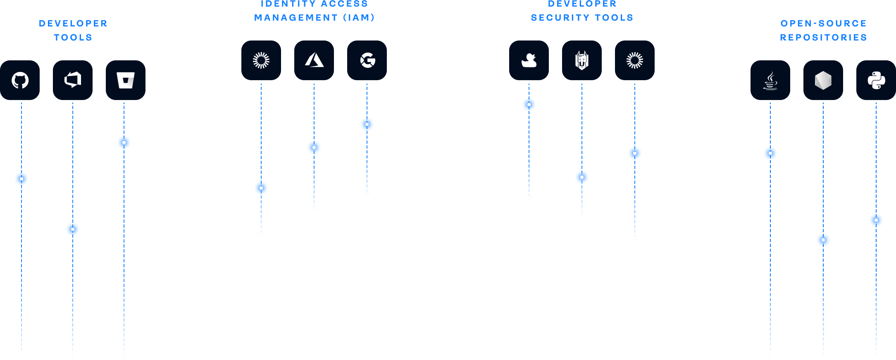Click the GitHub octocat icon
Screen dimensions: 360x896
tap(20, 80)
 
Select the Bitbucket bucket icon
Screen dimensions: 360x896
tap(126, 80)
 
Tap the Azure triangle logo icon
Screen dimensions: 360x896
tap(314, 60)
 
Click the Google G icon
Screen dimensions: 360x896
tap(367, 60)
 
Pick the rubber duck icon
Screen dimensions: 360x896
tap(529, 60)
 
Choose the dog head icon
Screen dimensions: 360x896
tap(582, 60)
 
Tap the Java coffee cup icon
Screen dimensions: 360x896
tap(770, 80)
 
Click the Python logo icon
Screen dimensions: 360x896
tap(876, 80)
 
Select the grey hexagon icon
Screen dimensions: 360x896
tap(823, 80)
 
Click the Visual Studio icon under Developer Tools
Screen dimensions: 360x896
tap(73, 80)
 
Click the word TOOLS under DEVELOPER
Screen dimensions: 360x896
tap(73, 37)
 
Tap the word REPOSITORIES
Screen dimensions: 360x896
tap(823, 37)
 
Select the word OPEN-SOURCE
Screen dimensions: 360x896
tap(823, 23)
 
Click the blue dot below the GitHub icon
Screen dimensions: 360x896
tap(21, 179)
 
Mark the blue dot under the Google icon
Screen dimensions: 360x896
tap(367, 124)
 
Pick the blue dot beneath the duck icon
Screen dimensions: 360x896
tap(529, 105)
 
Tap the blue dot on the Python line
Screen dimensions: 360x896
tap(876, 220)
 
